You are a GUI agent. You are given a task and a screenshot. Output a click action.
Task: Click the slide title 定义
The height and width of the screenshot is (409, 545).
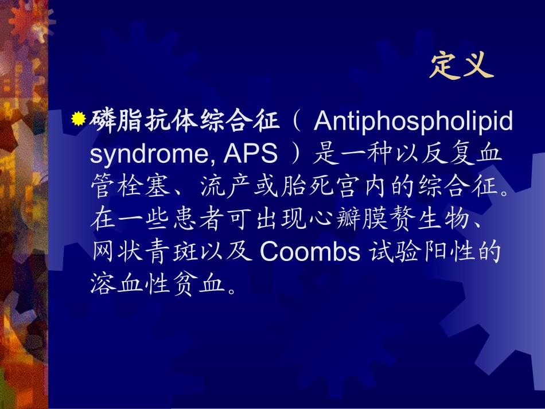[461, 66]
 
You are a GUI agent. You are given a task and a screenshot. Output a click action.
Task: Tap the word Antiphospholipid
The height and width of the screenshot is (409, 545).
[413, 121]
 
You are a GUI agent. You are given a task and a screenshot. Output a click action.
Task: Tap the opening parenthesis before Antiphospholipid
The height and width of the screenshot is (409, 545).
[297, 122]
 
